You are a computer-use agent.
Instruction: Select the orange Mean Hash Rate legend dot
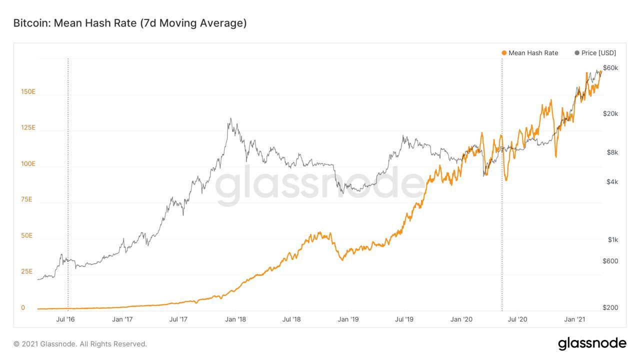504,53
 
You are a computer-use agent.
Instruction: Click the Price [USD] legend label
598,53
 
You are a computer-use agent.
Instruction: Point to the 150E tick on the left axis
28,91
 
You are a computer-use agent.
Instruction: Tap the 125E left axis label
28,127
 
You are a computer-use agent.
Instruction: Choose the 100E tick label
28,163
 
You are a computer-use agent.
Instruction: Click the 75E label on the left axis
27,199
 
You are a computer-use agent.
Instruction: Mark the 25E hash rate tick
27,271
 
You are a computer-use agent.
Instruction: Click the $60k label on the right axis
610,67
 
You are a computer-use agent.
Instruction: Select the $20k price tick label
610,113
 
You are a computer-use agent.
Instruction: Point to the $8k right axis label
612,152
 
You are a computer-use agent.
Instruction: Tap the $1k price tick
612,239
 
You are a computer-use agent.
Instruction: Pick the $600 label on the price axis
610,260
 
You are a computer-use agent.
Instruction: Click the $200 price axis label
610,307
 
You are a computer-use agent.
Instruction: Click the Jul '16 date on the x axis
66,319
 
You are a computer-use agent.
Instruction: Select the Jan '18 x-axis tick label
235,319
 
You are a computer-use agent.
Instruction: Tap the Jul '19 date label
404,319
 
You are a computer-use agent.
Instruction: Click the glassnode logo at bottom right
592,343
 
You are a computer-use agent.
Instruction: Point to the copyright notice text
80,344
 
